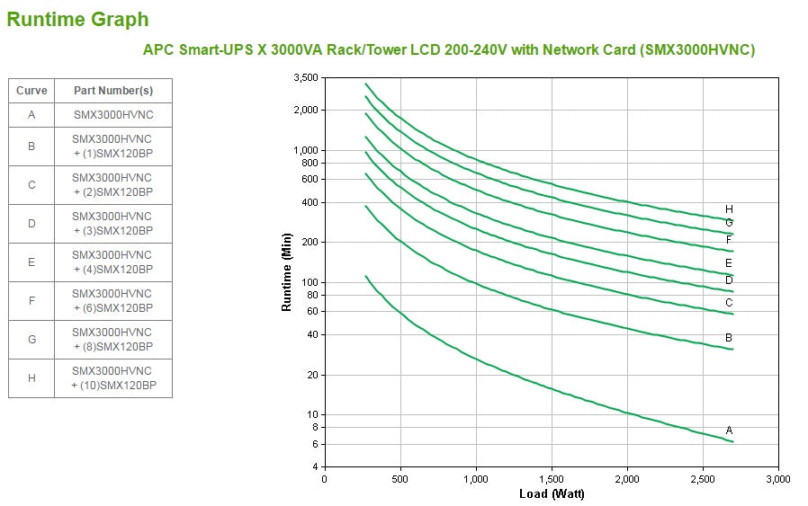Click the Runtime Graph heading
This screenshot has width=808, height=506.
click(x=77, y=19)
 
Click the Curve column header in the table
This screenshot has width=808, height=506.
click(x=31, y=91)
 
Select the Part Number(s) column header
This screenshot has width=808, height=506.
click(x=112, y=91)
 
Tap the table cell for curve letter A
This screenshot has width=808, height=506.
click(x=31, y=115)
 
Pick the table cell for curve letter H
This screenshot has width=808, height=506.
click(x=31, y=378)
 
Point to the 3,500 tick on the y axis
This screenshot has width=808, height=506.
click(x=306, y=78)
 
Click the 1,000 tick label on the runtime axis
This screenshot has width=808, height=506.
click(x=306, y=150)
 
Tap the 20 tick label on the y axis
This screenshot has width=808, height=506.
click(x=311, y=375)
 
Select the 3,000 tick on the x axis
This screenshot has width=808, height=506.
click(x=777, y=479)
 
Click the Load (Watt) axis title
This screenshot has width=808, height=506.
click(x=552, y=494)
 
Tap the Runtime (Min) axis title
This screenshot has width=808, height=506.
click(x=287, y=271)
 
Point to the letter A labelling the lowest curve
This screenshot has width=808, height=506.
click(x=729, y=431)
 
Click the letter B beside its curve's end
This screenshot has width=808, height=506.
click(x=729, y=337)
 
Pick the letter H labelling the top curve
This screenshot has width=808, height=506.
click(x=729, y=209)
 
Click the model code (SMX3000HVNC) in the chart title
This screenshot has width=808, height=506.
click(x=697, y=50)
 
